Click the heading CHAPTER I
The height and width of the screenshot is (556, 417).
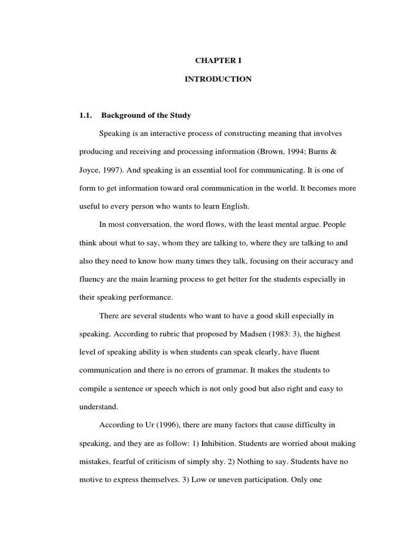tap(218, 61)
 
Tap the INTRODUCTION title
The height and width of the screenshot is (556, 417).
tap(218, 79)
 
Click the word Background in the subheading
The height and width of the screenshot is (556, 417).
tap(121, 116)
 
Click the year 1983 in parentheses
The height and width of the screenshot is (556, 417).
tap(271, 334)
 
